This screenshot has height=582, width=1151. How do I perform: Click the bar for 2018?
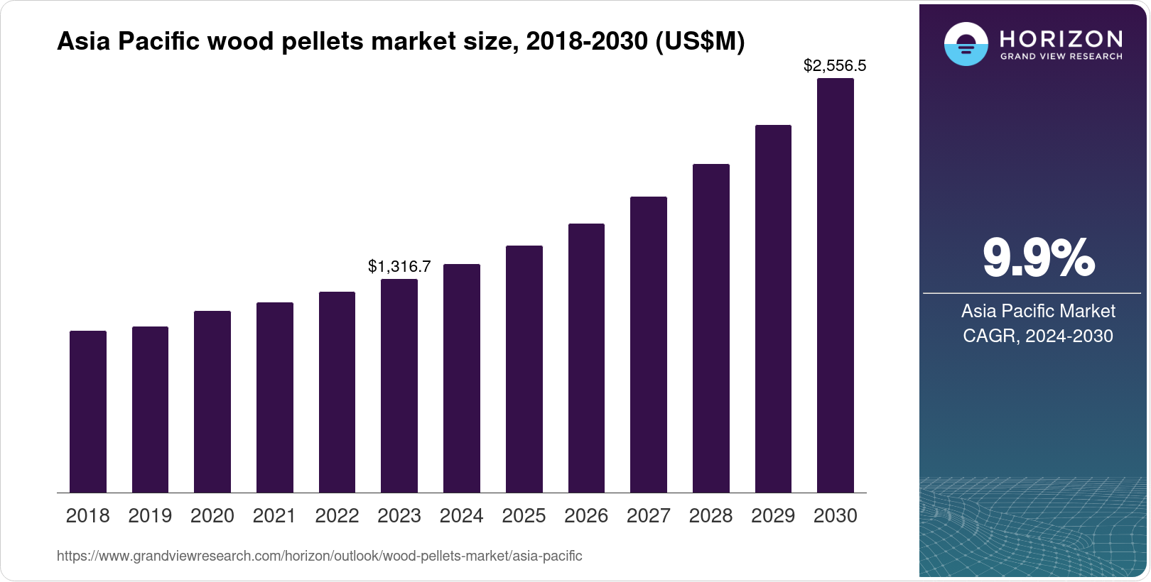click(x=88, y=412)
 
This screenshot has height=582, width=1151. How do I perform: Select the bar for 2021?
click(x=275, y=397)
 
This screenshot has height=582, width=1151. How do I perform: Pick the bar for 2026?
click(x=586, y=358)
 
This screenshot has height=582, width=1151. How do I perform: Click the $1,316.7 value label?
click(x=399, y=266)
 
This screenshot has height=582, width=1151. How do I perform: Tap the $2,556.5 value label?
click(x=835, y=66)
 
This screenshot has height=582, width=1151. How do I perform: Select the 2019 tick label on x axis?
click(x=150, y=516)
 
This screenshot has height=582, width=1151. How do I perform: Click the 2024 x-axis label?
click(x=462, y=516)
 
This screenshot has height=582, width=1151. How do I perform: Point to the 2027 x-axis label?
click(x=649, y=516)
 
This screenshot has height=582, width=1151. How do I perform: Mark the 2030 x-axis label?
click(x=836, y=516)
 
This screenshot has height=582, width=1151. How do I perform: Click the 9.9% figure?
click(x=1038, y=258)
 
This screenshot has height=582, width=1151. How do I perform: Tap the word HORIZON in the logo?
click(x=1061, y=38)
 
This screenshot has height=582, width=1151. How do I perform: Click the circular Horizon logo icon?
click(x=966, y=44)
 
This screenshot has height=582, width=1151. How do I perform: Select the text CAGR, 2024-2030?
click(x=1038, y=336)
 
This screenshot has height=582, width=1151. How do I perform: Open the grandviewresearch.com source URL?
click(x=319, y=556)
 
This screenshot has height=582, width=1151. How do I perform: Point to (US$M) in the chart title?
click(x=700, y=42)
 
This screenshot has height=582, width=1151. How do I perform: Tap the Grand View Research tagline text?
click(x=1061, y=56)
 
